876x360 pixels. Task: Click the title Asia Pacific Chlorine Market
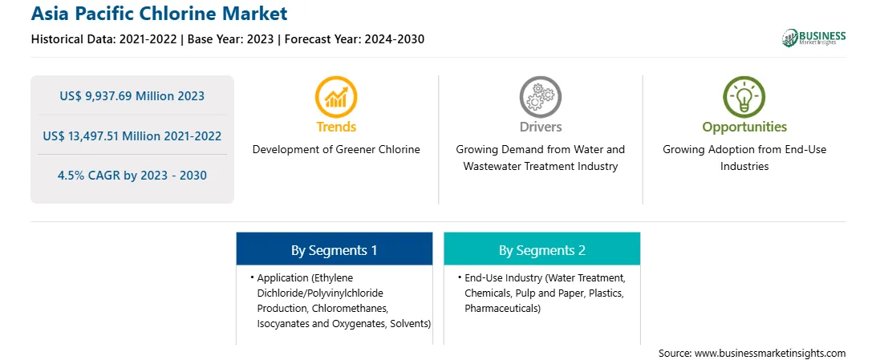click(x=159, y=13)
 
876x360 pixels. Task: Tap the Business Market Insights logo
click(x=814, y=38)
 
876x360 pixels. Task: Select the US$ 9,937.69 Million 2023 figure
click(x=132, y=96)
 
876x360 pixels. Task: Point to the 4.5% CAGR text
click(x=89, y=176)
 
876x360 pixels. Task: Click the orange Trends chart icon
click(x=336, y=96)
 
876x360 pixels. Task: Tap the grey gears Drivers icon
click(x=540, y=96)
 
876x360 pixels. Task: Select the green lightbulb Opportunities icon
click(x=744, y=96)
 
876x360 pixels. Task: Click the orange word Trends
click(x=336, y=127)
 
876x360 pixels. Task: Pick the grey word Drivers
click(x=540, y=127)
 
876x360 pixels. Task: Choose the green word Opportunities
click(x=744, y=127)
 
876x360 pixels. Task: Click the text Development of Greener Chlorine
click(x=336, y=150)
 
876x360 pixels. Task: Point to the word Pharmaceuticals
click(x=502, y=309)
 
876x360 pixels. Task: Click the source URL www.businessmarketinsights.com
click(x=770, y=354)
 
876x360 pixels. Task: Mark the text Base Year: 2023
click(x=231, y=39)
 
